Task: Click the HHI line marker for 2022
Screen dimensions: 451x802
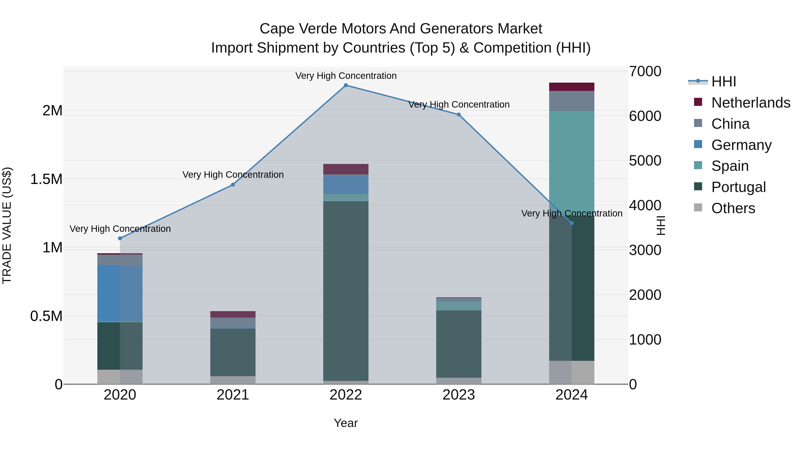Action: click(x=346, y=85)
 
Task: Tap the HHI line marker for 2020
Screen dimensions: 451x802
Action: click(x=120, y=238)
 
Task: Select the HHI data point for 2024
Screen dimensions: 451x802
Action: click(x=572, y=223)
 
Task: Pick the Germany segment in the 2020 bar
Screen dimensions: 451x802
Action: click(x=120, y=293)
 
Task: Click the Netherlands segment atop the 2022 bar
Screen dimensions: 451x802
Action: click(x=346, y=169)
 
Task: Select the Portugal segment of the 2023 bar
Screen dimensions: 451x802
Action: click(x=459, y=344)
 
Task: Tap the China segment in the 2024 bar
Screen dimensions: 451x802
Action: click(x=572, y=101)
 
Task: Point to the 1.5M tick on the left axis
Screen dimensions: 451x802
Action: click(x=46, y=179)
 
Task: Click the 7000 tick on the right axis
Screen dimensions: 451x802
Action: click(x=645, y=71)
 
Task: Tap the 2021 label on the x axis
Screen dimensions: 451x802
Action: click(x=233, y=395)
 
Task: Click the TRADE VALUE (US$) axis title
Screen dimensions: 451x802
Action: click(x=7, y=225)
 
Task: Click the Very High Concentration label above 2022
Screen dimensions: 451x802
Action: click(x=346, y=76)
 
